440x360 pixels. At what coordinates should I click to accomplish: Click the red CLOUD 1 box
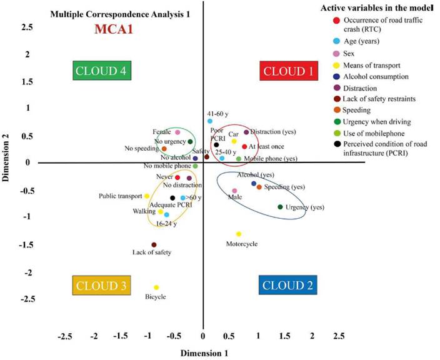(288, 71)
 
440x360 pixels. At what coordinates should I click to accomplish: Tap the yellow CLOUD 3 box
(101, 286)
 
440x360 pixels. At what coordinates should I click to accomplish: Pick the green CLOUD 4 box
(101, 71)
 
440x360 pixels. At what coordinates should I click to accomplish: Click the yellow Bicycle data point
(156, 287)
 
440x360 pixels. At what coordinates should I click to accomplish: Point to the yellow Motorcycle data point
(239, 234)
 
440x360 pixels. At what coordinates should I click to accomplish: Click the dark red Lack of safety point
(154, 245)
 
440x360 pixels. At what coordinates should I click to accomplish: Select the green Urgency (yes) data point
(280, 207)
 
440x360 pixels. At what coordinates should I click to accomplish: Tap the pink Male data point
(234, 191)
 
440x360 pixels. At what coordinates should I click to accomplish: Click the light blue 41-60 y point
(210, 121)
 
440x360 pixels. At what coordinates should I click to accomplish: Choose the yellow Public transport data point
(147, 196)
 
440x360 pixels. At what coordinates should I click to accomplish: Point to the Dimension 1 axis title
(204, 353)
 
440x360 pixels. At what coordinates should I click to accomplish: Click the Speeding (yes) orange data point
(259, 187)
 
